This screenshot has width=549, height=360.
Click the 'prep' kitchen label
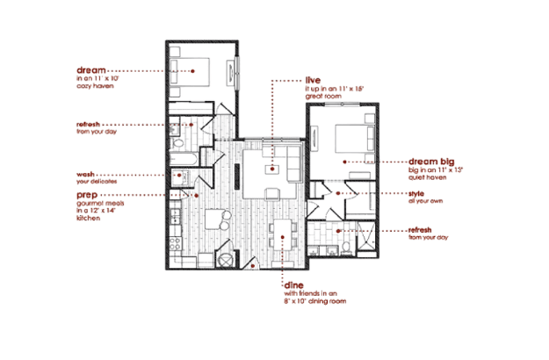coord(86,194)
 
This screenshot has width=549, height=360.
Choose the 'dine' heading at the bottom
coord(293,285)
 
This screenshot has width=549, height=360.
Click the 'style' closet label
coord(417,193)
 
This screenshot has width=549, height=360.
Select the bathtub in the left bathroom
coord(185,159)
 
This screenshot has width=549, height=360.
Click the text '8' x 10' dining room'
coord(312,302)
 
